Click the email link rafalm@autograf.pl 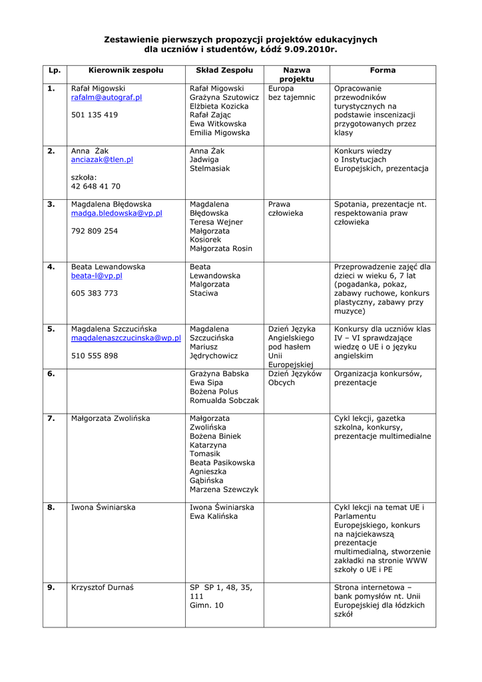[107, 97]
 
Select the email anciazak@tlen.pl [102, 160]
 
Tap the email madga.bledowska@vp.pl [117, 213]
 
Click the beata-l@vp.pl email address [97, 275]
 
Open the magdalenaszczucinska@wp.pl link [126, 338]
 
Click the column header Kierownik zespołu [126, 70]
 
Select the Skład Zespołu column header [224, 70]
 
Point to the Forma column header [383, 70]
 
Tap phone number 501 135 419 [95, 115]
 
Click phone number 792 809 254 [95, 230]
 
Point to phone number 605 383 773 [95, 293]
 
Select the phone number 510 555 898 [95, 356]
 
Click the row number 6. [51, 374]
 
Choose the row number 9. [51, 587]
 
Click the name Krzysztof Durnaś [103, 587]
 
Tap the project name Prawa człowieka [286, 208]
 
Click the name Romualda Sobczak [224, 400]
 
